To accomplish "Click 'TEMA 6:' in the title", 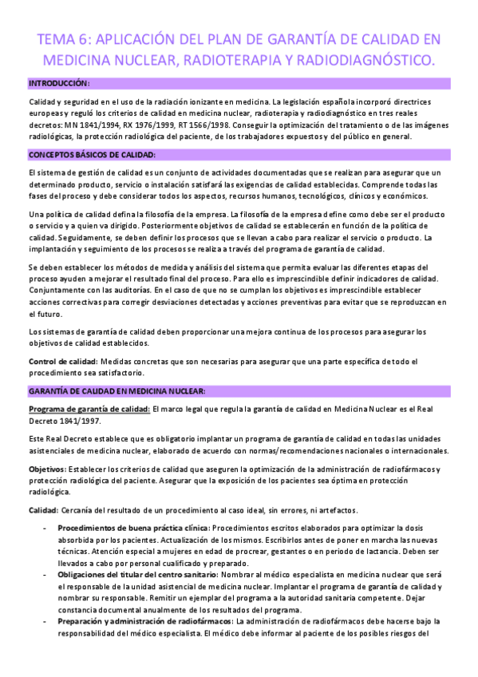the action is click(64, 39).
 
